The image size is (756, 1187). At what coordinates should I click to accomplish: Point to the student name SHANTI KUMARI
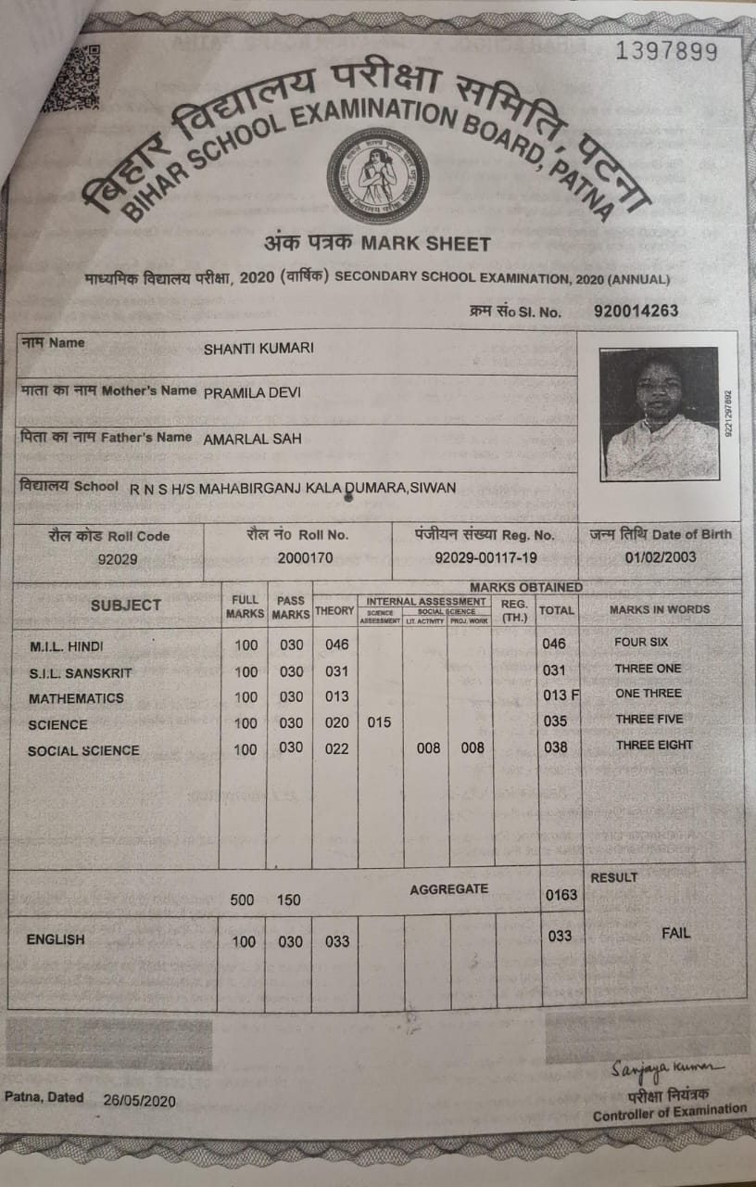click(x=258, y=348)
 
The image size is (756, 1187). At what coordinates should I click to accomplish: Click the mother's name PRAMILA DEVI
click(x=252, y=392)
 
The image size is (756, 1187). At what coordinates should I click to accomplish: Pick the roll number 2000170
click(x=306, y=558)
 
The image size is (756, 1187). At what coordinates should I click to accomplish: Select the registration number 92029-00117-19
click(x=485, y=558)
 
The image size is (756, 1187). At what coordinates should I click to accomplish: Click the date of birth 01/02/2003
click(x=661, y=558)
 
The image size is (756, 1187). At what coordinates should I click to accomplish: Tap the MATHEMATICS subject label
click(x=76, y=698)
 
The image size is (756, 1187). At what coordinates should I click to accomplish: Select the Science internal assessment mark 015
click(x=379, y=722)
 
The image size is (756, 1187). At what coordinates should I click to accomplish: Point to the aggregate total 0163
click(x=561, y=895)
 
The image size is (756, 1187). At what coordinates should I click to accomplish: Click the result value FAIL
click(x=675, y=933)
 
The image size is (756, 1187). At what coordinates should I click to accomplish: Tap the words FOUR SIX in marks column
click(x=641, y=642)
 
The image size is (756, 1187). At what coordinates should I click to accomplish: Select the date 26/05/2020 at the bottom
click(x=140, y=1100)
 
